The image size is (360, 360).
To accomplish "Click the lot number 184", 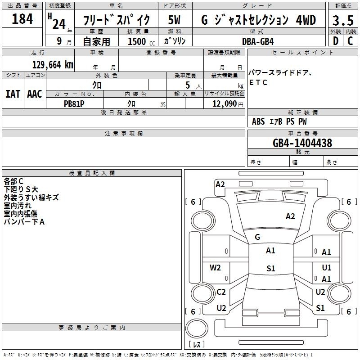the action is click(x=22, y=19).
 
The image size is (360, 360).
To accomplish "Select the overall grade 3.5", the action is click(x=343, y=20).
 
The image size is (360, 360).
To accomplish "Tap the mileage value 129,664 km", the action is click(x=53, y=65).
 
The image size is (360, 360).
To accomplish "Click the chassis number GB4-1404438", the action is click(x=302, y=143).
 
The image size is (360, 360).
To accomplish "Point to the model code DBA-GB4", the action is click(x=258, y=41).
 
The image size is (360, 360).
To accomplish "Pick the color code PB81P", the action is click(x=74, y=104).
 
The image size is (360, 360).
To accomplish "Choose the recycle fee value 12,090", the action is click(x=224, y=104).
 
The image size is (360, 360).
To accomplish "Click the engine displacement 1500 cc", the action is click(x=141, y=41).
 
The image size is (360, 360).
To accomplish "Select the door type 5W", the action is click(x=174, y=20).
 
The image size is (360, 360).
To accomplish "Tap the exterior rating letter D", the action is click(x=336, y=41).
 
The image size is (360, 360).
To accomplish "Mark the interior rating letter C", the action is click(x=350, y=41).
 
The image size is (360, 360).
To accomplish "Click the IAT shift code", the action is click(x=13, y=94).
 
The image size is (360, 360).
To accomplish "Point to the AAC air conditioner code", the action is click(x=35, y=94).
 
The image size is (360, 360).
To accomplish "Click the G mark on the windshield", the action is click(x=257, y=237).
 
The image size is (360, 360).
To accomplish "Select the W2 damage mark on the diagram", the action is click(x=215, y=268).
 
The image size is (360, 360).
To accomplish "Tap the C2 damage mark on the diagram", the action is click(x=221, y=292).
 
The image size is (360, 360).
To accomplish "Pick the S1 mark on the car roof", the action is click(x=271, y=268).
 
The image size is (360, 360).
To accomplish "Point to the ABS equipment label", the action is click(x=258, y=121).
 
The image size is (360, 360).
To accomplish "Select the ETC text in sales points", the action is click(x=258, y=82).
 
